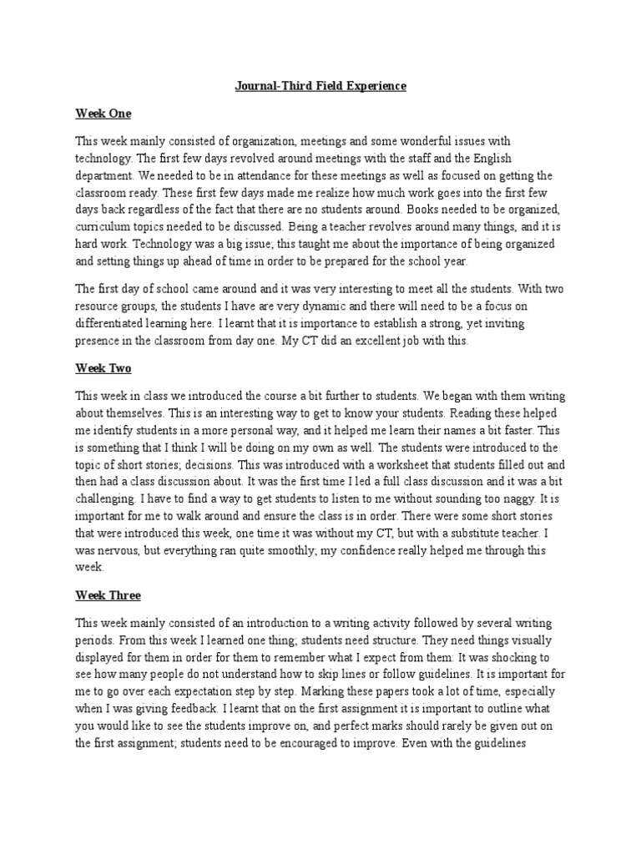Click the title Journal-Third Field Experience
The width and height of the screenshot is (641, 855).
click(320, 86)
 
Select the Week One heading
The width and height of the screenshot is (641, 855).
click(103, 113)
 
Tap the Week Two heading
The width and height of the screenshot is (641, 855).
click(103, 367)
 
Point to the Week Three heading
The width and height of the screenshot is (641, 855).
click(108, 595)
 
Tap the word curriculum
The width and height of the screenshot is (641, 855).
click(103, 227)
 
